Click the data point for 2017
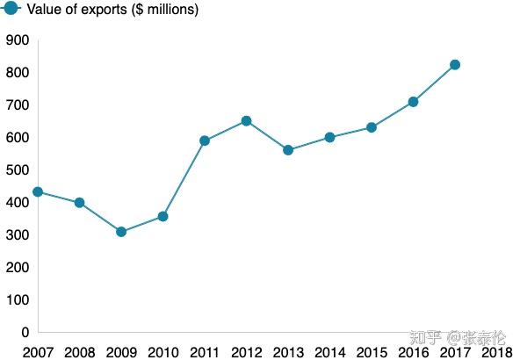coord(455,65)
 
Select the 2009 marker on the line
coord(121,232)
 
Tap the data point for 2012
coord(247,121)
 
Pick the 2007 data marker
coord(38,191)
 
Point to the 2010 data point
coord(162,217)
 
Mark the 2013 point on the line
coord(288,150)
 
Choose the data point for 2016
coord(413,102)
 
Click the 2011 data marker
coord(205,140)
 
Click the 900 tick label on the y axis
coord(18,40)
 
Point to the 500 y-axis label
coord(18,170)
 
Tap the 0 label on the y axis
coord(25,333)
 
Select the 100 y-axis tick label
coord(18,300)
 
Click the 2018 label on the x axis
coord(497,352)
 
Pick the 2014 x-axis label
coord(330,352)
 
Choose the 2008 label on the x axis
coord(80,352)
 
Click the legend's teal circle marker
coord(11,8)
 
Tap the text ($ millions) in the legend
coord(165,10)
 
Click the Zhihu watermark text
coord(458,338)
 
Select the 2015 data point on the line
coord(372,127)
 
